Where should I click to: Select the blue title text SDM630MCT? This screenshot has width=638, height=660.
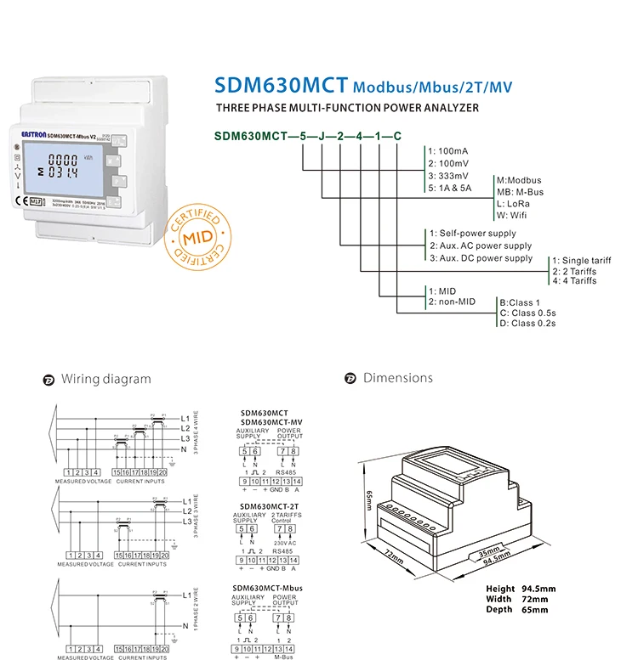click(x=280, y=86)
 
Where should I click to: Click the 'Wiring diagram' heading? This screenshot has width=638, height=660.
click(x=105, y=379)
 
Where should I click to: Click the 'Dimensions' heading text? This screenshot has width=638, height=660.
click(x=397, y=378)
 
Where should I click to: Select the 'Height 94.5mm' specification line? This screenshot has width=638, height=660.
click(x=521, y=589)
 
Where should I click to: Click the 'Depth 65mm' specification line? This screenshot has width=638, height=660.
click(x=515, y=610)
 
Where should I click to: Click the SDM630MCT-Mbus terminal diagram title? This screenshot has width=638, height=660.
click(x=269, y=588)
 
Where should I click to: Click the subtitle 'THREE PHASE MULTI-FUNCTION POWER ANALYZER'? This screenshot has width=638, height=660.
click(x=347, y=108)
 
